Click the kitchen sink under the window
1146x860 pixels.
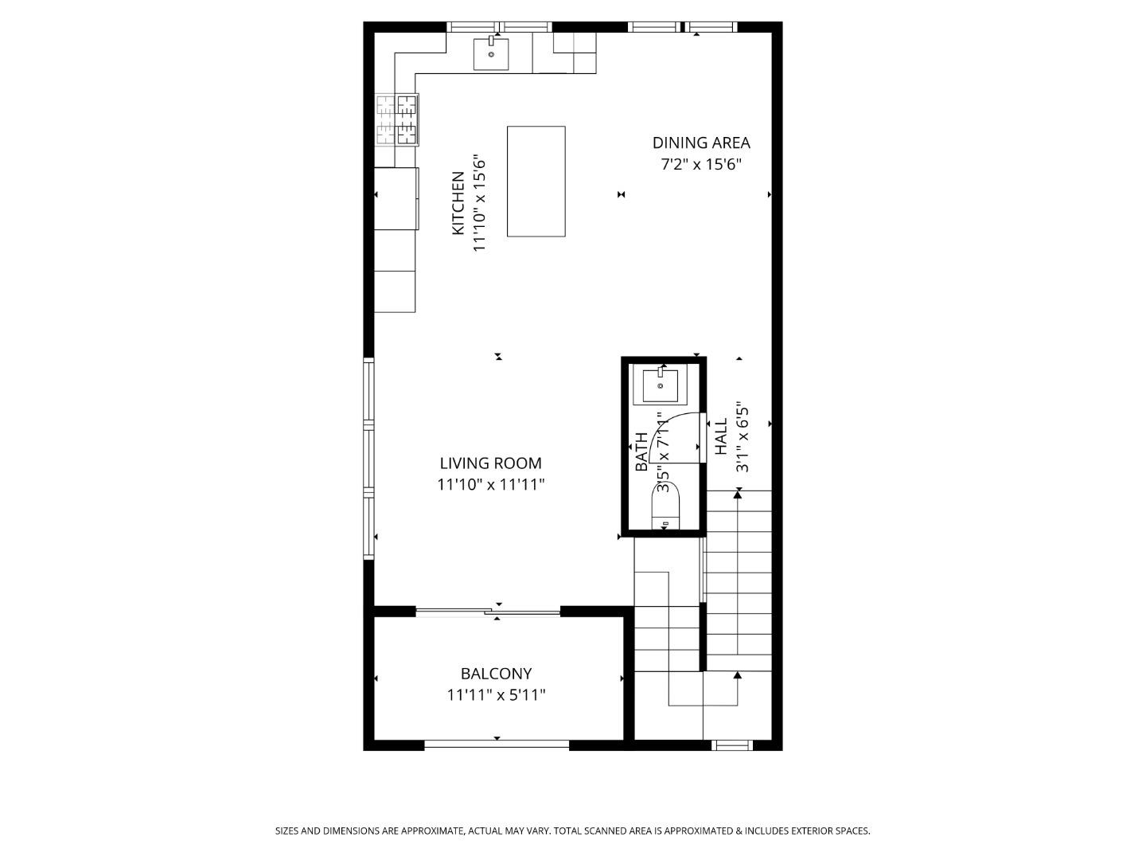(x=491, y=54)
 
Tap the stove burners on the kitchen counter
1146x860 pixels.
(x=397, y=119)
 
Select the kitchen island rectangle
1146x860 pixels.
(x=536, y=181)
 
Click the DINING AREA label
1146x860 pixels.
(x=701, y=143)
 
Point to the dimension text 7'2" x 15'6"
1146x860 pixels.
(x=701, y=165)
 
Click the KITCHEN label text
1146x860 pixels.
(x=458, y=203)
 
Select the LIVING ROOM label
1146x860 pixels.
(x=490, y=463)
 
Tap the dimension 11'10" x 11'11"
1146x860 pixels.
(x=490, y=484)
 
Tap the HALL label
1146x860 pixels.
(x=721, y=436)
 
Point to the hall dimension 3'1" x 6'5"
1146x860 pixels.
(x=743, y=436)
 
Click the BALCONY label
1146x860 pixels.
(x=496, y=674)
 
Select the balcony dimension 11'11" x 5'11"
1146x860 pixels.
(x=496, y=695)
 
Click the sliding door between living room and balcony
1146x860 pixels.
(x=488, y=612)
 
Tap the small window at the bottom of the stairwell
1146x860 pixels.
(x=731, y=745)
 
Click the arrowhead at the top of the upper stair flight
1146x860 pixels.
(x=738, y=495)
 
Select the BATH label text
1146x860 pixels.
(x=641, y=451)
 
